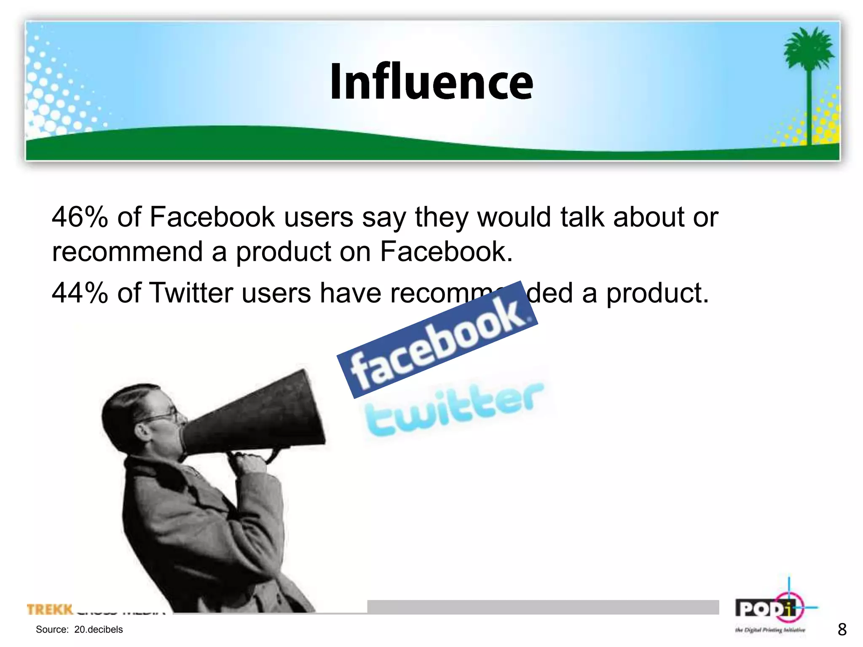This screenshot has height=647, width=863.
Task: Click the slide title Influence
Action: (x=431, y=82)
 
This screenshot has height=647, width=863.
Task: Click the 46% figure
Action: (x=80, y=217)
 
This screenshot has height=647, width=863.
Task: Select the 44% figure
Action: (x=80, y=293)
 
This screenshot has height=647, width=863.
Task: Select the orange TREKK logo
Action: (x=50, y=609)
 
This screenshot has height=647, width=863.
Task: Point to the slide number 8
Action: (x=842, y=629)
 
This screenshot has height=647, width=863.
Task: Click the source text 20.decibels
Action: (x=98, y=629)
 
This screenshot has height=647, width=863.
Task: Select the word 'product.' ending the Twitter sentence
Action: (x=657, y=293)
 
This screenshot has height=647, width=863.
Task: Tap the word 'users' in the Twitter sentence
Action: (x=276, y=293)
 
